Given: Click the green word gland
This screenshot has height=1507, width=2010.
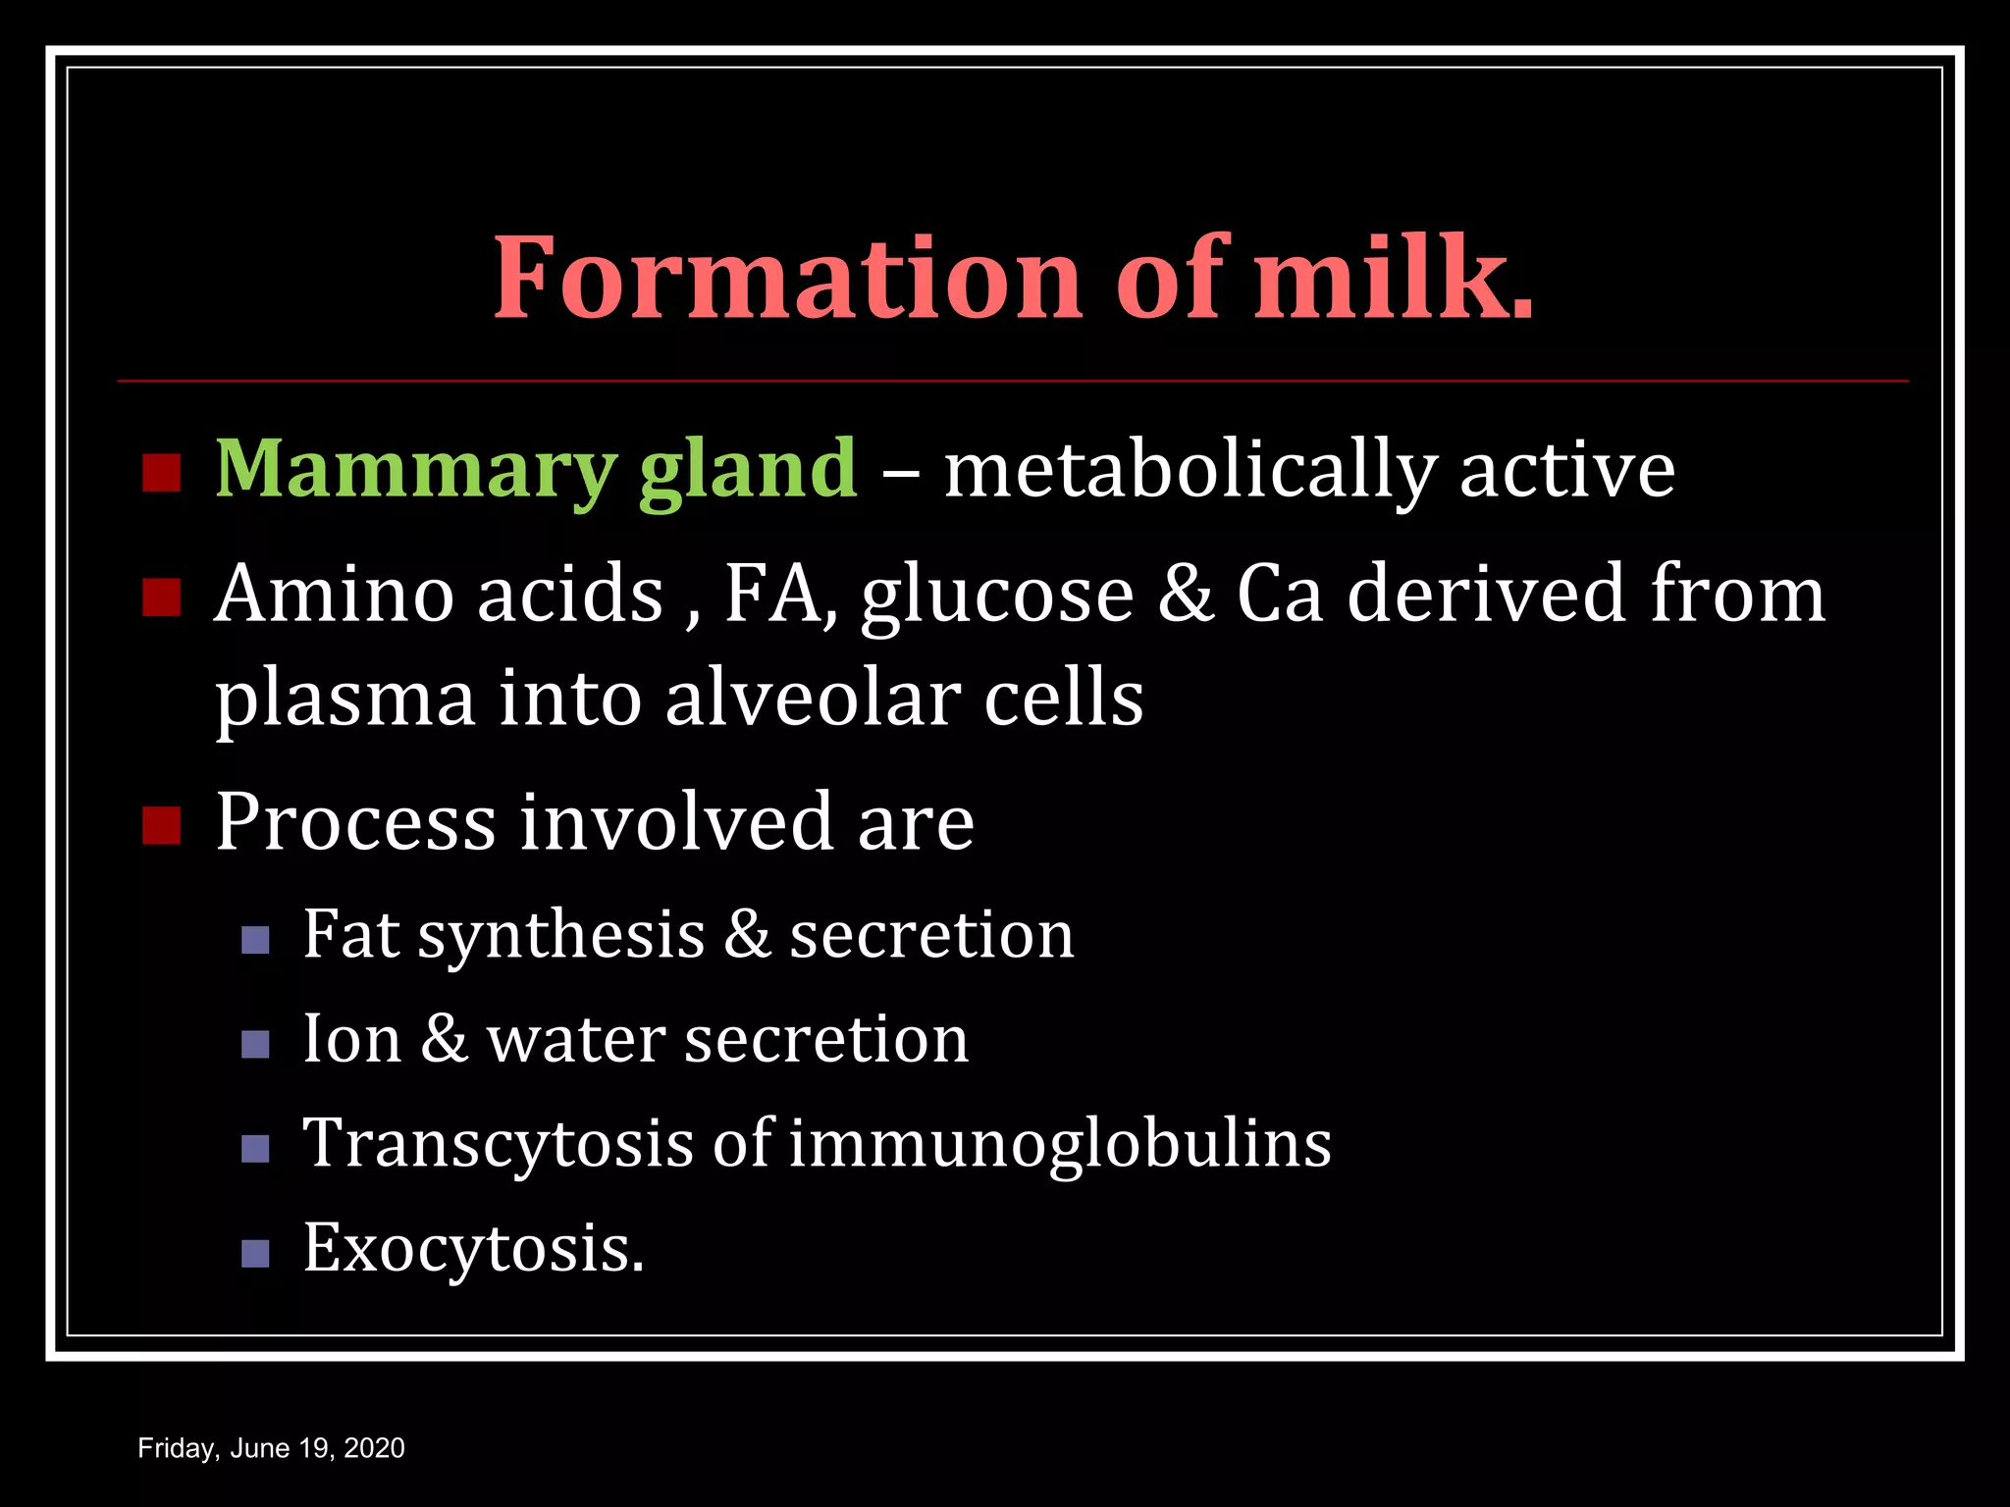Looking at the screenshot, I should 748,471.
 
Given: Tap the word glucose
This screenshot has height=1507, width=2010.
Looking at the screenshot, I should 997,597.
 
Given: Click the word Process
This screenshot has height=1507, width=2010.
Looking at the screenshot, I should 355,822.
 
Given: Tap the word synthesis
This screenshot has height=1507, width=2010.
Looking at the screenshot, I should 561,936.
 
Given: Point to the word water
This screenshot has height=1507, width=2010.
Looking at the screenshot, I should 574,1039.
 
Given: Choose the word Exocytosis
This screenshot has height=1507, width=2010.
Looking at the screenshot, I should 473,1250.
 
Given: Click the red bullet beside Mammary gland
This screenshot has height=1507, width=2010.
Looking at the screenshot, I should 162,473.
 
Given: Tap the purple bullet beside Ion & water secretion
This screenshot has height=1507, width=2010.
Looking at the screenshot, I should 255,1044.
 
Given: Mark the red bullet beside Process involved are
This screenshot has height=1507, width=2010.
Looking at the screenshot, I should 162,826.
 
